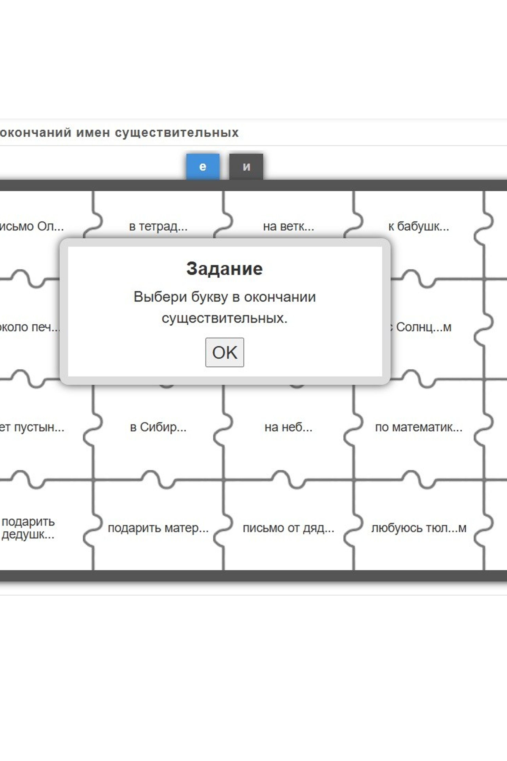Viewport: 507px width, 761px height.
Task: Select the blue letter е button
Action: tap(203, 167)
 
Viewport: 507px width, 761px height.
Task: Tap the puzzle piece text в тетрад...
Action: tap(158, 226)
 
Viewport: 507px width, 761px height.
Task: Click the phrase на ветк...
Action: tap(288, 226)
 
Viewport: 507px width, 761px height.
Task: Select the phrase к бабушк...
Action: tap(419, 226)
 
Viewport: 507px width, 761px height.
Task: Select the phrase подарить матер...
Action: tap(158, 528)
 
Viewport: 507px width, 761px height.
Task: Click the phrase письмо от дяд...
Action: tap(288, 528)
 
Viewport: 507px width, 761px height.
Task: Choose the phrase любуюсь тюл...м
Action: tap(419, 528)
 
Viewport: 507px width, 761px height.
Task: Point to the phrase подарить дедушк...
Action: tap(28, 528)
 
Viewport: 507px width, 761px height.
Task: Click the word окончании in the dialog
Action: tap(280, 297)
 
